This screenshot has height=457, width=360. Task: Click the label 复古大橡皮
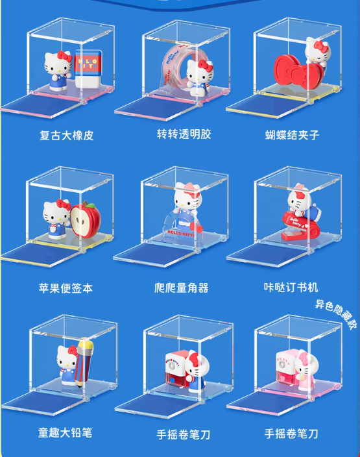(66, 136)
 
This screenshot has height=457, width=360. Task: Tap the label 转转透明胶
(184, 134)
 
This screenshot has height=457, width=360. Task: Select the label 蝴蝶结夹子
(292, 135)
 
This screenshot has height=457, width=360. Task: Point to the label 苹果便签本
(66, 288)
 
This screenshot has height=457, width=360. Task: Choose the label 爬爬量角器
(182, 288)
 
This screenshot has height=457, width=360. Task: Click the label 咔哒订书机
(291, 288)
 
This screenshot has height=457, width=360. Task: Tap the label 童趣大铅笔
(66, 432)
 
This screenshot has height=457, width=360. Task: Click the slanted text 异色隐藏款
(336, 315)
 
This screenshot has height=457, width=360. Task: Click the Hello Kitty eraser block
(89, 69)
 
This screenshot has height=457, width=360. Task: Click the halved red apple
(86, 219)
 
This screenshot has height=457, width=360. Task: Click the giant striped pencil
(84, 362)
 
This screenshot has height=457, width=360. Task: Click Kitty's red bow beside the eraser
(65, 56)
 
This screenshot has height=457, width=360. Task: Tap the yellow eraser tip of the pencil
(87, 344)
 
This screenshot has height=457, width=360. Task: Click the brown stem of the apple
(85, 203)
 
